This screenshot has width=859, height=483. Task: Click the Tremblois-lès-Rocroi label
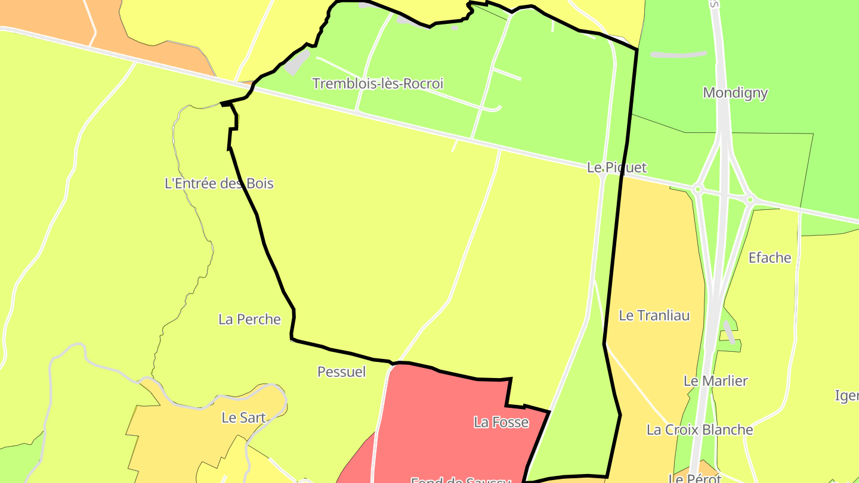point(378,83)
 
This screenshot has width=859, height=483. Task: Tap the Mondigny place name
point(735,93)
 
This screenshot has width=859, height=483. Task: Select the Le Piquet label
point(616,168)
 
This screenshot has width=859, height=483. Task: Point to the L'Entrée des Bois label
point(219,184)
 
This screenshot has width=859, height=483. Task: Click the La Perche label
point(249,320)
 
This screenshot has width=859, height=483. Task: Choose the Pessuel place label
point(341,372)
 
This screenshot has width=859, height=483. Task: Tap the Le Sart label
point(243,418)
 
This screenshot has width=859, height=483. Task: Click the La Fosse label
point(501,423)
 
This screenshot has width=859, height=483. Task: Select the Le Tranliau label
point(654,315)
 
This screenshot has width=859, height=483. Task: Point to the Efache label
point(770,258)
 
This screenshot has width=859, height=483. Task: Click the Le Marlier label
point(715,381)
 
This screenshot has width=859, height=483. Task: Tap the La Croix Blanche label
point(700,430)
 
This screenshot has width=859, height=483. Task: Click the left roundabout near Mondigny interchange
point(697,190)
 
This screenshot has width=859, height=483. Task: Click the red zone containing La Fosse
point(441,405)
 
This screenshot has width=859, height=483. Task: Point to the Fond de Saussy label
point(461,479)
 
